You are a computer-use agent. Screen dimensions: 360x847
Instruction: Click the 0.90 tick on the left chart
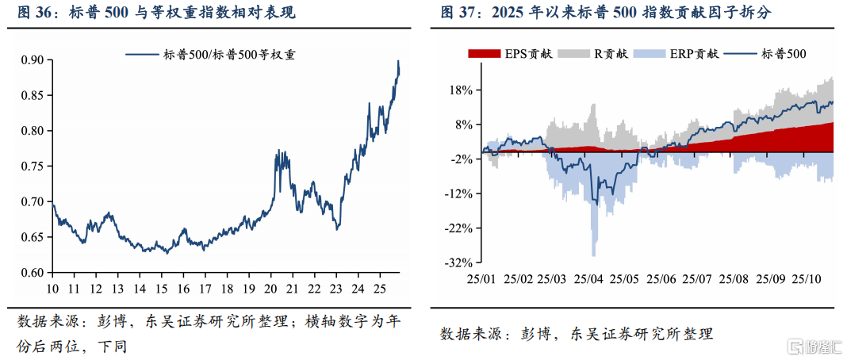point(32,60)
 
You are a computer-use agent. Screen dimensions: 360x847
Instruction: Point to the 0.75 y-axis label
point(32,166)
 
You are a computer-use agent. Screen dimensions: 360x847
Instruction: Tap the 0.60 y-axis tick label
point(32,272)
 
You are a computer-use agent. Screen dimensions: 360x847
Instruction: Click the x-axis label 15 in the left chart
point(162,288)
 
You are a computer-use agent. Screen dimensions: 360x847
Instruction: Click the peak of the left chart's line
point(398,61)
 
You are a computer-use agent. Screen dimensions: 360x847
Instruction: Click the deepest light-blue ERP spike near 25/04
point(594,254)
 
